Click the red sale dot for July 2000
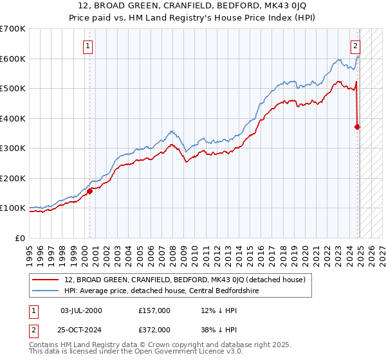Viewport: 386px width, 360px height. (90, 191)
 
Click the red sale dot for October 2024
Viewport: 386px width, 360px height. (358, 127)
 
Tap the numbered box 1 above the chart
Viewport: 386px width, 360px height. (87, 46)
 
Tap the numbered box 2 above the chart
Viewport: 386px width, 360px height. (354, 46)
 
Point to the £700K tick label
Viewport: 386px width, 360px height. (12, 29)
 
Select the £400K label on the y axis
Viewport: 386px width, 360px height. (12, 118)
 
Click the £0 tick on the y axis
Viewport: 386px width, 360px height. (21, 238)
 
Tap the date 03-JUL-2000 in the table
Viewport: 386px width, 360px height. (81, 310)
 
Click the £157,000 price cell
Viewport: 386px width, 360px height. (154, 310)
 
